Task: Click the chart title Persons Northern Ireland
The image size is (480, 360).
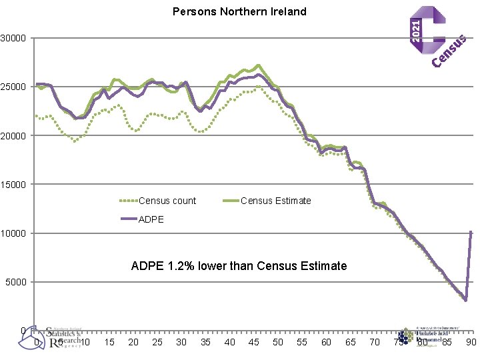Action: (x=239, y=11)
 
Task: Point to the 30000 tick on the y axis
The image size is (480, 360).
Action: (x=13, y=38)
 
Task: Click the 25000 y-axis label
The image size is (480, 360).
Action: (x=13, y=87)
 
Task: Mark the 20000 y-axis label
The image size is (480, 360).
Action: (x=13, y=135)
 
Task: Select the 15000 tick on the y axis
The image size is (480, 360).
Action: (x=13, y=185)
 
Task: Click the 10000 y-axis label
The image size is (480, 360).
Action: (x=13, y=233)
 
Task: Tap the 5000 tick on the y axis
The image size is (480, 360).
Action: (x=15, y=282)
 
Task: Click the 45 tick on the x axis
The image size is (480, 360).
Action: (x=253, y=342)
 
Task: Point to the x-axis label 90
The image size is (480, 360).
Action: (x=471, y=342)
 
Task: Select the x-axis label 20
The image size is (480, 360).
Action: (x=133, y=342)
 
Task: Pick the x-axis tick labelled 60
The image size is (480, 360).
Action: (x=326, y=342)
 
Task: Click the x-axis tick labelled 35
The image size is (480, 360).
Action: (x=205, y=342)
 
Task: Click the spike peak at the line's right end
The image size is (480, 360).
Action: (x=471, y=231)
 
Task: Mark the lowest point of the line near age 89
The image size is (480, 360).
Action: (x=466, y=300)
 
